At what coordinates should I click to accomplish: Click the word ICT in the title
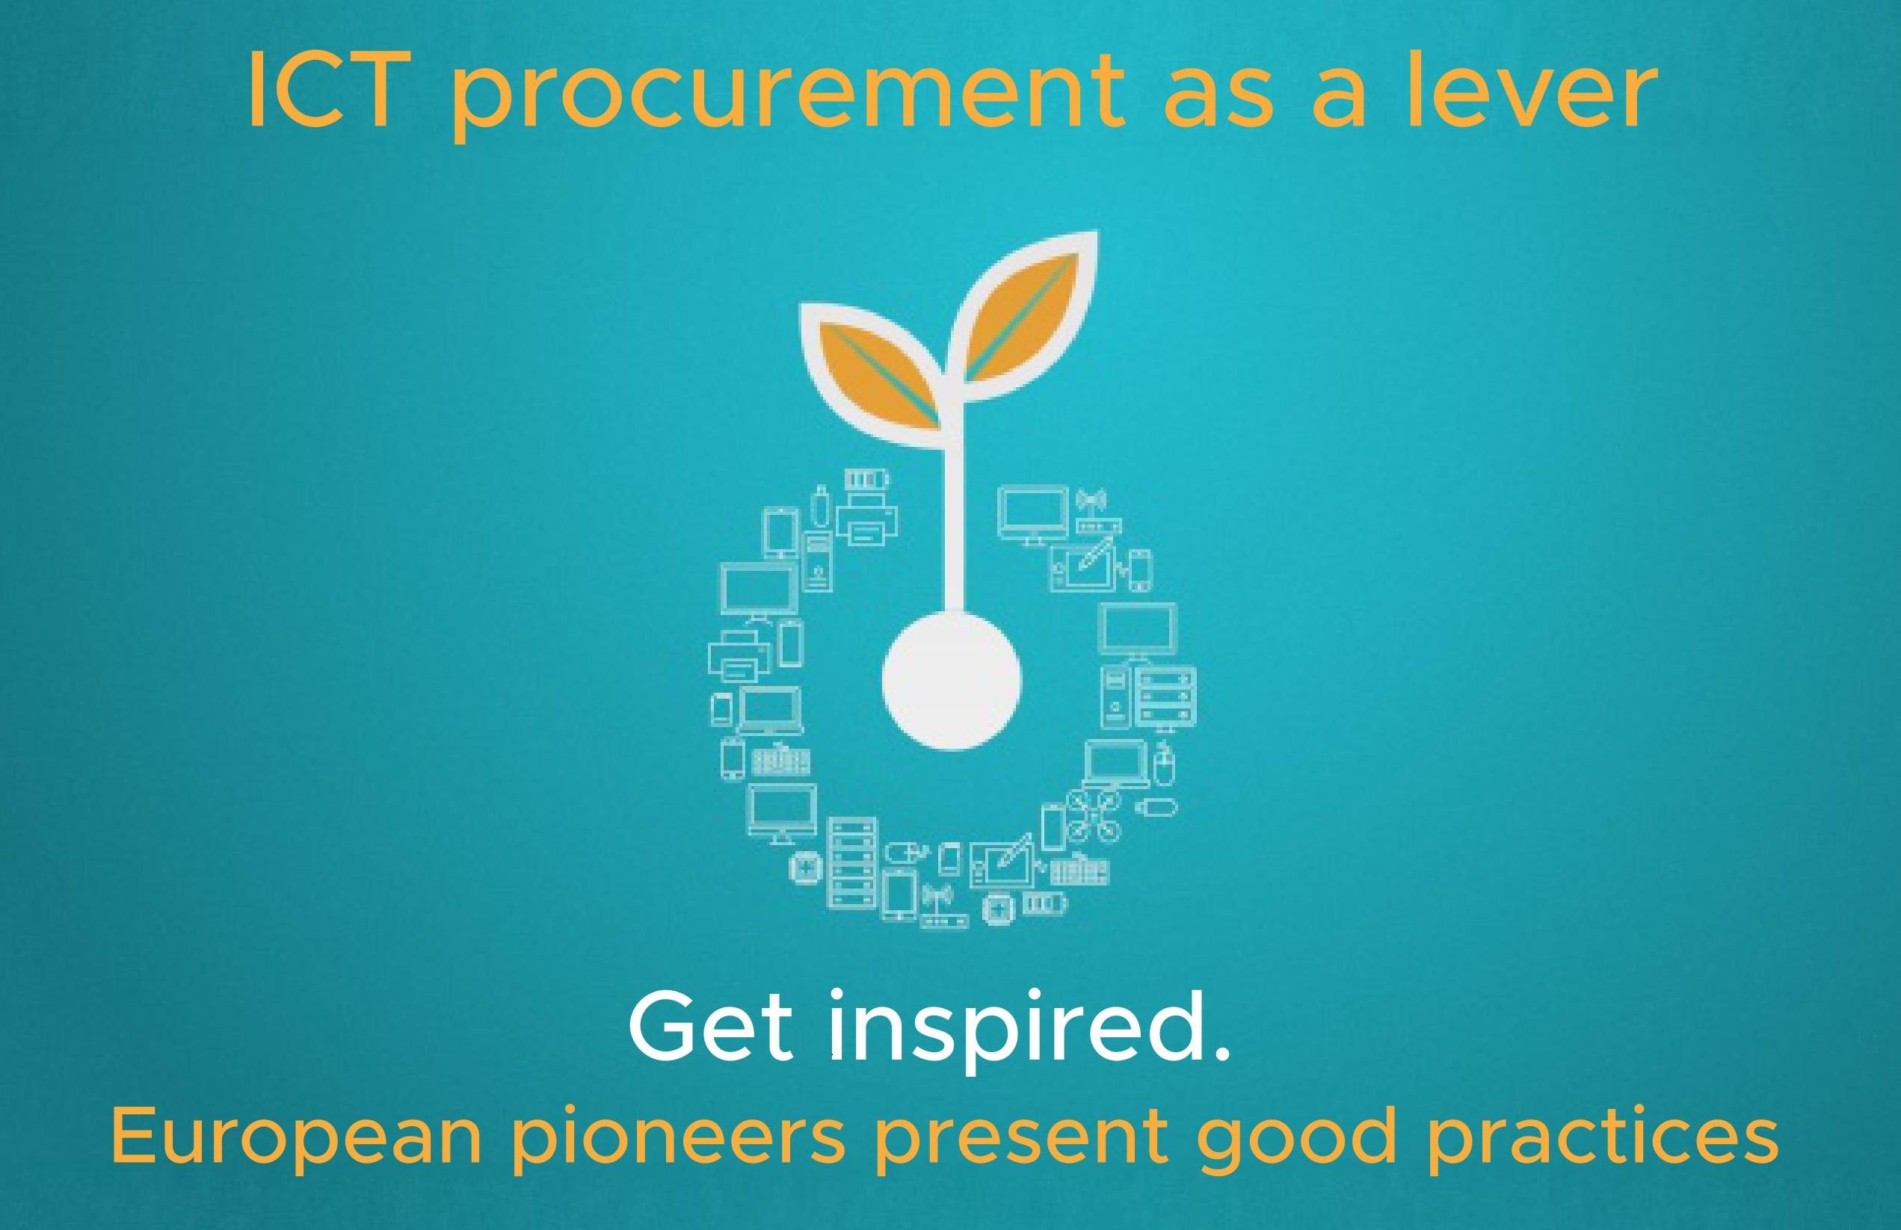tap(324, 90)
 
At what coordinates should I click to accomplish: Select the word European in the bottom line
tap(295, 1141)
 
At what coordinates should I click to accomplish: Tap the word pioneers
tap(678, 1141)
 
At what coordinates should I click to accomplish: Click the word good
tap(1297, 1141)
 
